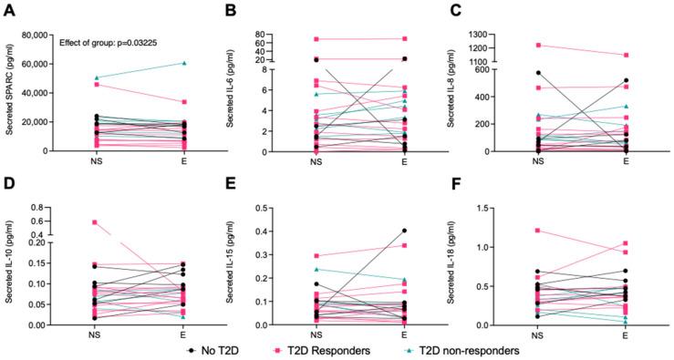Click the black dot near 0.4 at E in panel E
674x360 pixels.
pyautogui.click(x=404, y=231)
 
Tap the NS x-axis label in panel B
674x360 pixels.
pyautogui.click(x=316, y=161)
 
